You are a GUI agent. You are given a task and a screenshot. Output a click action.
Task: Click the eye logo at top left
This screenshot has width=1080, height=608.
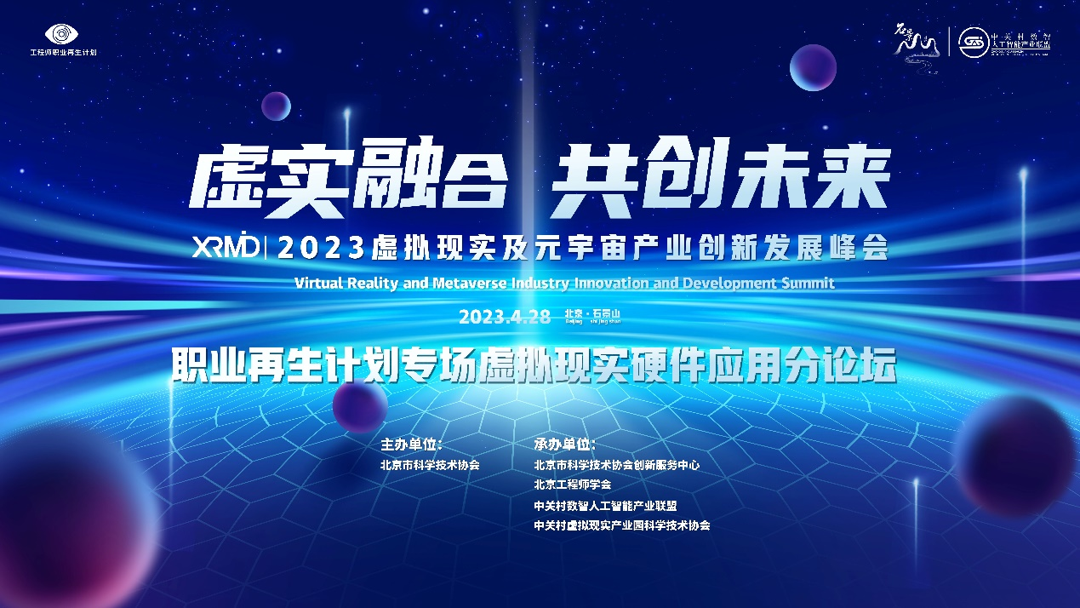62,33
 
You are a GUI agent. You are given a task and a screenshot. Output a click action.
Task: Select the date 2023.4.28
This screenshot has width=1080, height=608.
506,317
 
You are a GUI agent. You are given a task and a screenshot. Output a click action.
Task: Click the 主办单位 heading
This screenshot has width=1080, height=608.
412,445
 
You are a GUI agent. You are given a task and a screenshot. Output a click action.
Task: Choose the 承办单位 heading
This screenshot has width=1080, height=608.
565,445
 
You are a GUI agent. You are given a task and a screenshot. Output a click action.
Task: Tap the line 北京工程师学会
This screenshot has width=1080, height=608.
572,485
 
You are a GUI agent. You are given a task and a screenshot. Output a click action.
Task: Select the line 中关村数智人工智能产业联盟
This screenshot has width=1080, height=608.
605,505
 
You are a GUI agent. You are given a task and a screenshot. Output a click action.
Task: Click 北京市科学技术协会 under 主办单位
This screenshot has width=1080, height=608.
431,465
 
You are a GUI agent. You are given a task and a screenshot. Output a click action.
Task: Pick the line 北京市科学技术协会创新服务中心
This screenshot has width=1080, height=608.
616,465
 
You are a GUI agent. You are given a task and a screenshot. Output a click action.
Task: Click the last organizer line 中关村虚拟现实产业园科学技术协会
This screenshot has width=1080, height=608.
621,525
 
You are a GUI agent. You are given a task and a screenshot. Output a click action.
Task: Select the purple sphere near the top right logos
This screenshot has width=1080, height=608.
813,67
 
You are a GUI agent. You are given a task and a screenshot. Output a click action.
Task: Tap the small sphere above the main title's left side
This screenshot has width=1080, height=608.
276,106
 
